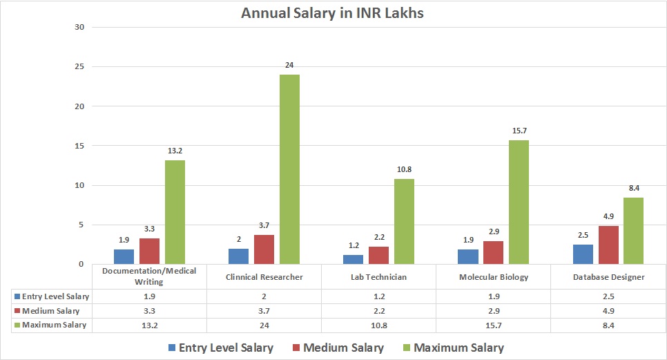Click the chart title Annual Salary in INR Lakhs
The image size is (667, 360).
click(332, 13)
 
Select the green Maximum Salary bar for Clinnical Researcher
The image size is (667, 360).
click(289, 169)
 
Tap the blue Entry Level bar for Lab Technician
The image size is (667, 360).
click(353, 259)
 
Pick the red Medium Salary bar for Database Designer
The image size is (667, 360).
click(608, 245)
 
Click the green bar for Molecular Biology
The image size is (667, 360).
click(519, 202)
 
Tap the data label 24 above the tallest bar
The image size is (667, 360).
click(289, 66)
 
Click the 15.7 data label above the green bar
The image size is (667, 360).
click(519, 131)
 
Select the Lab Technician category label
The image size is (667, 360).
click(378, 277)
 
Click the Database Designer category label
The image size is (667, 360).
click(608, 277)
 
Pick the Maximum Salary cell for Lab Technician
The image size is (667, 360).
click(378, 325)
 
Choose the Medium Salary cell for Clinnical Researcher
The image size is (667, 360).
click(264, 310)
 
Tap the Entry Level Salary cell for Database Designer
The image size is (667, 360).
click(608, 296)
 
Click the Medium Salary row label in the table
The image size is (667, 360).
click(50, 310)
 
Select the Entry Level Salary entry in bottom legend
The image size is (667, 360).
click(219, 348)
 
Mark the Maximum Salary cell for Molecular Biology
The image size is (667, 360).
click(493, 325)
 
